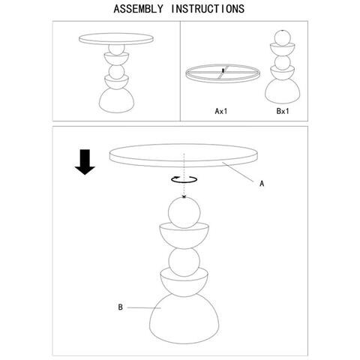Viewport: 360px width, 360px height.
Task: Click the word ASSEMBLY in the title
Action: (138, 9)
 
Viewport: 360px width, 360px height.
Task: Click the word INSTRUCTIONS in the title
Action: (208, 9)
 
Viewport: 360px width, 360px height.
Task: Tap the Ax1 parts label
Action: (221, 111)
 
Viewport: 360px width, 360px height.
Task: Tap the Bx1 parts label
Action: (283, 111)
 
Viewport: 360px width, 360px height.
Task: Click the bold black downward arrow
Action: (85, 162)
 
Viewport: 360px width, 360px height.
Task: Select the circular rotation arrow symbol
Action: (184, 179)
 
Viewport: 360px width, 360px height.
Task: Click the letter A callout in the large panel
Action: (262, 184)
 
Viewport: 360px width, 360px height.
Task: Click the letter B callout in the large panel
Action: (120, 307)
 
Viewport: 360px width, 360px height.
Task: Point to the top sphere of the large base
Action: (184, 213)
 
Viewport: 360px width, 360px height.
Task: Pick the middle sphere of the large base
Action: (184, 262)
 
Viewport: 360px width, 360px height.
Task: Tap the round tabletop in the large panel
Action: (184, 155)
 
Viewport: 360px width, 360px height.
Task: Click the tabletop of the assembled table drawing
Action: (116, 39)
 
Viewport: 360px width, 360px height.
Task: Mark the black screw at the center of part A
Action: (223, 70)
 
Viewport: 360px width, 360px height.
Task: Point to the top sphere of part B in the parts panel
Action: (283, 37)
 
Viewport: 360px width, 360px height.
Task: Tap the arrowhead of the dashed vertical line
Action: (184, 197)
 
